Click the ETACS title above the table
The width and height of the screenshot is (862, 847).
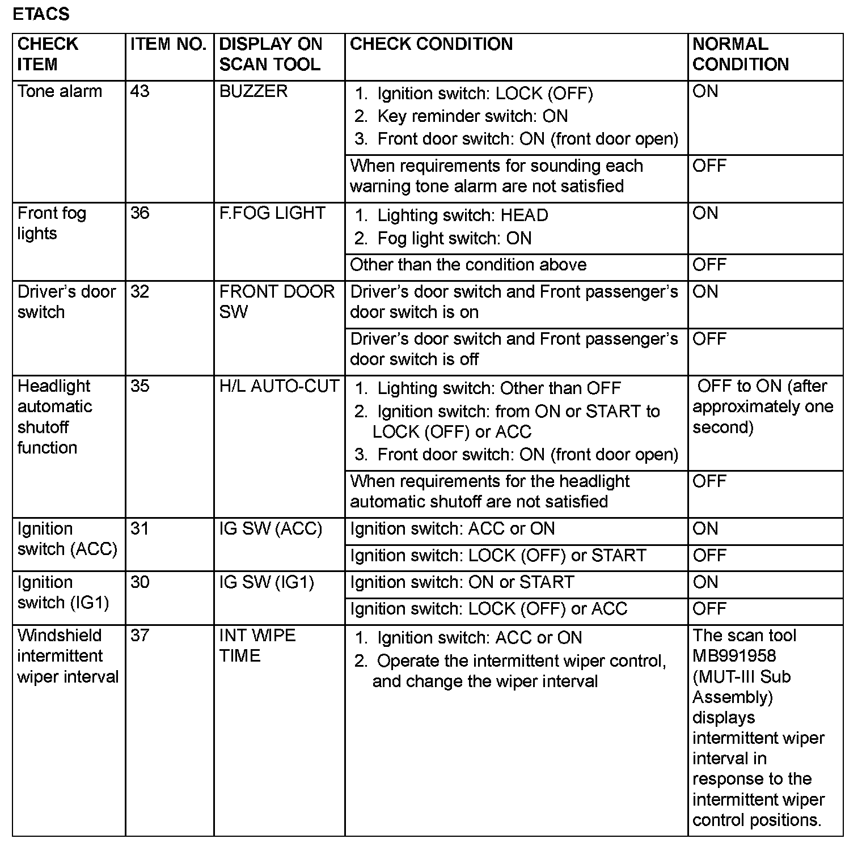click(41, 14)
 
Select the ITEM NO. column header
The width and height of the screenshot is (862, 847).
click(168, 44)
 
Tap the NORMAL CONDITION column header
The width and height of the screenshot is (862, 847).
click(741, 54)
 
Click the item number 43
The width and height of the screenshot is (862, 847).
click(140, 91)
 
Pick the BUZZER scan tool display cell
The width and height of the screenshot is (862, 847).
click(253, 91)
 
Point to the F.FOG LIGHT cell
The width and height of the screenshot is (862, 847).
click(272, 213)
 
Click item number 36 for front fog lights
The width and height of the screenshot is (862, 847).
click(140, 213)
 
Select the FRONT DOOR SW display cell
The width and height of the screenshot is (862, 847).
click(277, 302)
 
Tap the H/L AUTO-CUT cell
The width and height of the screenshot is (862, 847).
click(279, 386)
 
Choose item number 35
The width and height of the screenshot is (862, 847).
click(140, 386)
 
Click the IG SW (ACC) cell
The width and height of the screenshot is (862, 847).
click(271, 529)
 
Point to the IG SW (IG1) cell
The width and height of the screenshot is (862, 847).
click(267, 582)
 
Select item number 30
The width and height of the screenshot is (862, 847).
click(140, 582)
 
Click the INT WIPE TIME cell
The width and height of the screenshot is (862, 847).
click(257, 645)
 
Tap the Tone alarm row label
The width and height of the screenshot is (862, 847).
click(60, 91)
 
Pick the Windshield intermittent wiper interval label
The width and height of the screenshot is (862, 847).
click(67, 656)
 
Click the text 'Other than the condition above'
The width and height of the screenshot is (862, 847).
click(468, 265)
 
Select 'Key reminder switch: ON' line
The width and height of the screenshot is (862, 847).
click(472, 116)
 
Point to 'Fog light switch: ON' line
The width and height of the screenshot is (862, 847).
click(454, 238)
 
